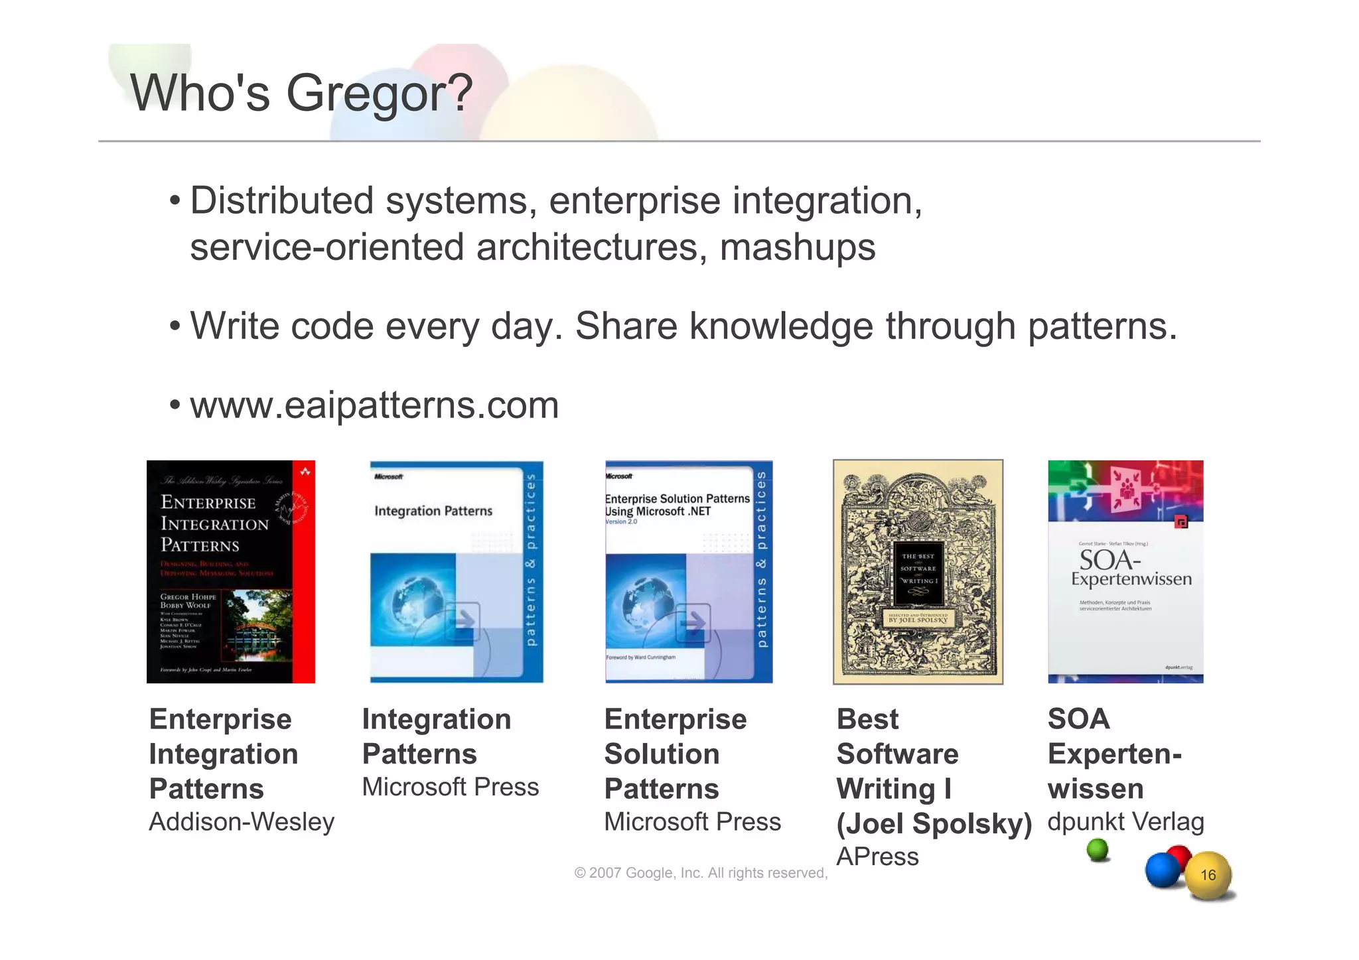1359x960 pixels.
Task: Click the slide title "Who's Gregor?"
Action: (301, 93)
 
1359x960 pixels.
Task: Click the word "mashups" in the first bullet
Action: (797, 247)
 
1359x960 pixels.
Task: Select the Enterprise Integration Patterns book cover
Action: (230, 571)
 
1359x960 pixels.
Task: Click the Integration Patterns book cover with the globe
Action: (456, 571)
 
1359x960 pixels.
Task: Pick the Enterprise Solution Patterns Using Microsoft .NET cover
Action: (688, 571)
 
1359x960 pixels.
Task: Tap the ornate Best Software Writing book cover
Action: (918, 571)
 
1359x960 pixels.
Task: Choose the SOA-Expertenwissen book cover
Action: (1125, 571)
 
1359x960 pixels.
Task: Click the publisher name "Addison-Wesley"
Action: (242, 822)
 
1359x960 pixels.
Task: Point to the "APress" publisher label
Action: (877, 857)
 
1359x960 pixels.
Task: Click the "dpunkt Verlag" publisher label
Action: (1125, 822)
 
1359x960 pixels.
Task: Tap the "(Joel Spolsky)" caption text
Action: (934, 823)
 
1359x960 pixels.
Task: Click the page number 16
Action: (1208, 875)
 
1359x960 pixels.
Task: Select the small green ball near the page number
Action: (1098, 850)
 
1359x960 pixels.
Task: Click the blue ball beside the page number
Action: (1163, 870)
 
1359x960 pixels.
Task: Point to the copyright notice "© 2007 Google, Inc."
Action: (701, 873)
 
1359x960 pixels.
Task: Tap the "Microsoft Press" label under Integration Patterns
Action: (451, 788)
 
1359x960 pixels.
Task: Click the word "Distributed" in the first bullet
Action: (282, 201)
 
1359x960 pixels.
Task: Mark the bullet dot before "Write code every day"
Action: (175, 326)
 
